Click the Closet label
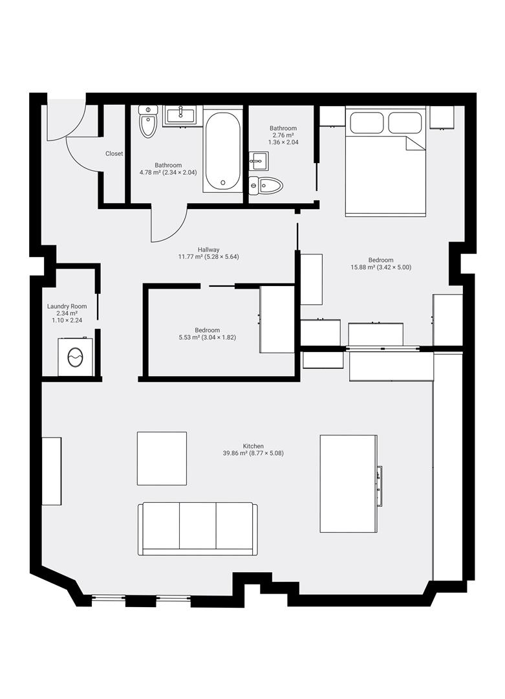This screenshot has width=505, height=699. click(x=114, y=154)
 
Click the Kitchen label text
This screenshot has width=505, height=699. click(x=253, y=446)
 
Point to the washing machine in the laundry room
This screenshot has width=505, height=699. click(x=76, y=356)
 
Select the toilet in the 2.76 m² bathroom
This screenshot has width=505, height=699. click(x=267, y=186)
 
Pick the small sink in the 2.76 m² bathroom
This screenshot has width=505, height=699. click(x=258, y=160)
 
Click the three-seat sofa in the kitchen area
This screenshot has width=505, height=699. click(x=197, y=527)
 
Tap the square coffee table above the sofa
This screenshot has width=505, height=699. click(x=162, y=458)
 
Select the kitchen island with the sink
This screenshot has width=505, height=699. click(x=348, y=483)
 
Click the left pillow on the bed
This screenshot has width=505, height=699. click(x=365, y=122)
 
